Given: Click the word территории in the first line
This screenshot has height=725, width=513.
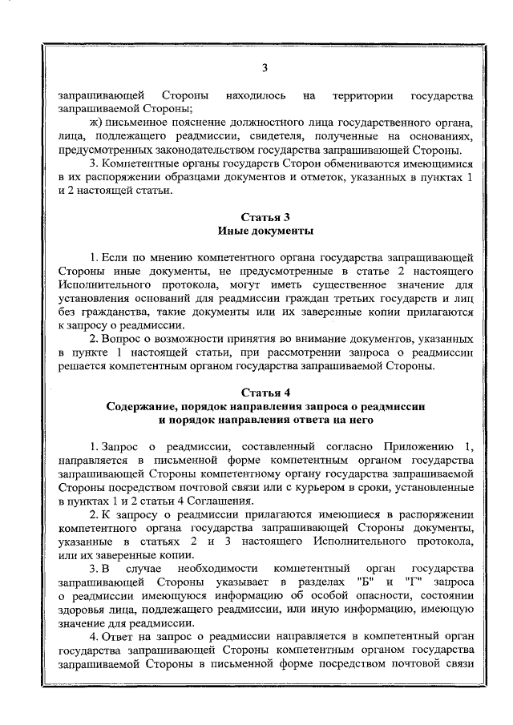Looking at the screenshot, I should (360, 95).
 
